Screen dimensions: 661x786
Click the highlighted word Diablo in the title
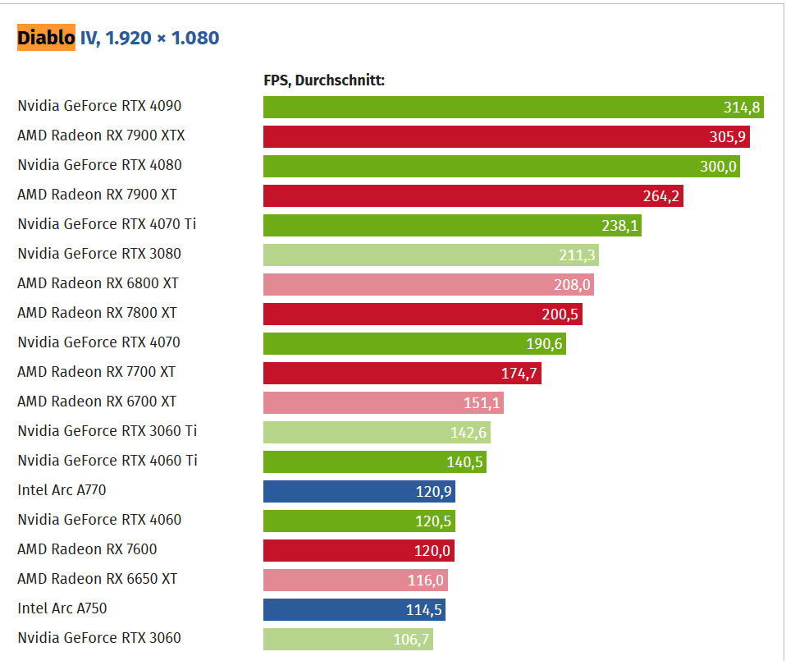tap(46, 38)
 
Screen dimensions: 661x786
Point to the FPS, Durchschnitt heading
tap(324, 80)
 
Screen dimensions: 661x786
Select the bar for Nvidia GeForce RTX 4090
tap(492, 107)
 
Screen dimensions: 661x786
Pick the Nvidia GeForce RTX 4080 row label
tap(99, 165)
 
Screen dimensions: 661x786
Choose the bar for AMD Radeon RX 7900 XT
tap(451, 195)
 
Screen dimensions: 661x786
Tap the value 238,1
tap(619, 226)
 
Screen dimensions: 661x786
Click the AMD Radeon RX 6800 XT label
tap(98, 283)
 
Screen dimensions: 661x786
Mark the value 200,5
tap(560, 314)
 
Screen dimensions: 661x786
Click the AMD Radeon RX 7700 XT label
tap(96, 372)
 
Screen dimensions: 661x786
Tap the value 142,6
tap(468, 433)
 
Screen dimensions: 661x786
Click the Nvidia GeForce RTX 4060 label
tap(99, 520)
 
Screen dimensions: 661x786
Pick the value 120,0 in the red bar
tap(432, 551)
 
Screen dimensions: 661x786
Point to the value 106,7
tap(410, 640)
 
